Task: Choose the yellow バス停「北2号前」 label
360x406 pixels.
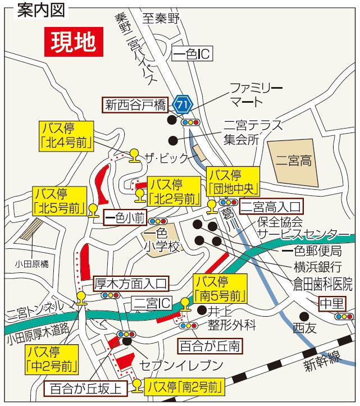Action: click(175, 191)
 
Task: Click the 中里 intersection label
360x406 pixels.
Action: click(332, 303)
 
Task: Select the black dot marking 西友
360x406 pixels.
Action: click(304, 316)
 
